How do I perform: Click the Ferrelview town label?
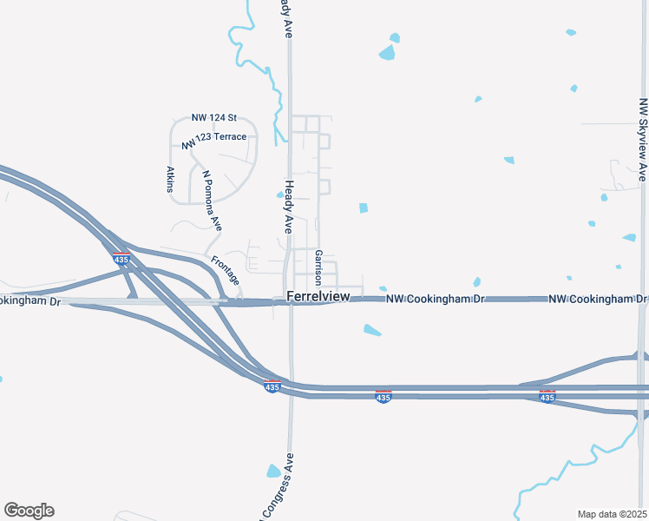[x=318, y=297]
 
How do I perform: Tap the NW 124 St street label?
[x=213, y=118]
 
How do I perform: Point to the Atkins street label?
[x=170, y=179]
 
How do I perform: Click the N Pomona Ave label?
[x=212, y=199]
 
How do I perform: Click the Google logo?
[x=29, y=511]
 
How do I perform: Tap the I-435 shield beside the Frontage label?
[x=121, y=259]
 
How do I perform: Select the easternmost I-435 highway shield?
[x=547, y=396]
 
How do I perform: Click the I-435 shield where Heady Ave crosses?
[x=272, y=386]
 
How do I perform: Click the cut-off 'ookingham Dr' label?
[x=31, y=301]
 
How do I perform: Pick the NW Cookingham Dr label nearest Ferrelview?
[x=435, y=299]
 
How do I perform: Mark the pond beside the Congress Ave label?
[x=273, y=472]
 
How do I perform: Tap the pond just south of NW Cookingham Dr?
[x=371, y=330]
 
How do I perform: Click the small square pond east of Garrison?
[x=363, y=208]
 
